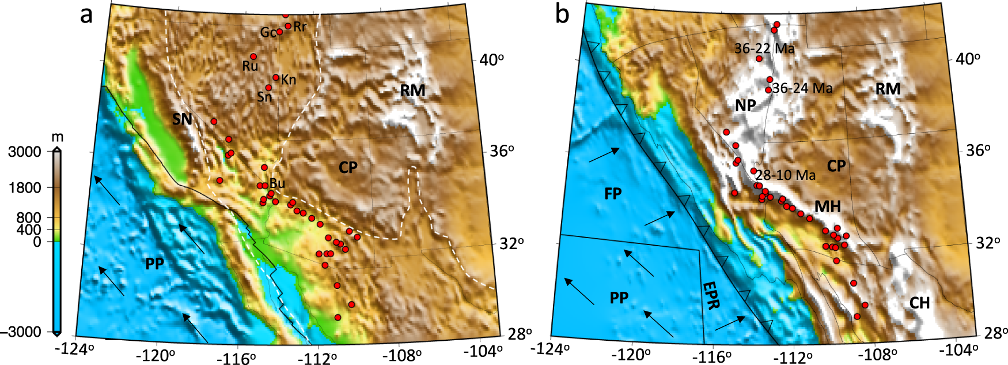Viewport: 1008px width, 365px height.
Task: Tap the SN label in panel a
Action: [x=183, y=119]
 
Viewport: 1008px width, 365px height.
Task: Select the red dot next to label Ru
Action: [x=253, y=57]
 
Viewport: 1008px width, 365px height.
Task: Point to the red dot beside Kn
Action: [x=276, y=77]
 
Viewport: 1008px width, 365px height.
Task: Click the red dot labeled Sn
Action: [x=268, y=88]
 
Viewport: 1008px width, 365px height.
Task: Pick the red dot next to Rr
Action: [x=288, y=26]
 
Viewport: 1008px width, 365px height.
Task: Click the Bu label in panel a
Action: [x=277, y=183]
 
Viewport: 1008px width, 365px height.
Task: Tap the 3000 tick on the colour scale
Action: [x=24, y=152]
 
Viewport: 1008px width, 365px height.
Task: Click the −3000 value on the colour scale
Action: [x=24, y=332]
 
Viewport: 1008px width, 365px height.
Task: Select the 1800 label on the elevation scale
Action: [x=24, y=188]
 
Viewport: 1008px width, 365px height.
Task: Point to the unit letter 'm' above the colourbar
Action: [x=57, y=137]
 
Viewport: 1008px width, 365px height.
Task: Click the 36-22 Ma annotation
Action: [x=764, y=48]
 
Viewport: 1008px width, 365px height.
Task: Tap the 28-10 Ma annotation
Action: [x=786, y=175]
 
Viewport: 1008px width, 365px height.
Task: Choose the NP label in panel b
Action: [x=745, y=105]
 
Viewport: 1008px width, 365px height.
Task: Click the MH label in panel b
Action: [x=828, y=206]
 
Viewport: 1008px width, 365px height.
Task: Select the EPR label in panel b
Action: [x=711, y=296]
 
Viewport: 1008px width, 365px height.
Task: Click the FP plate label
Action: [x=613, y=193]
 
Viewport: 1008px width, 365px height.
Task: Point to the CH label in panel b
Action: [x=920, y=303]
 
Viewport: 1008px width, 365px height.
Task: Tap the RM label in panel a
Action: [x=412, y=91]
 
